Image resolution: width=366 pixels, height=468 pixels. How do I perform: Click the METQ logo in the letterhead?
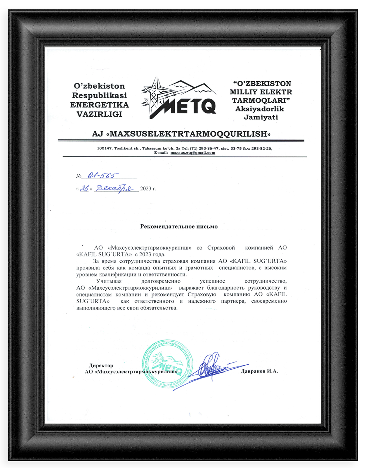coord(179,98)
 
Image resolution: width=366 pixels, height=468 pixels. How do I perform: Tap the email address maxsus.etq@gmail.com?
coord(193,153)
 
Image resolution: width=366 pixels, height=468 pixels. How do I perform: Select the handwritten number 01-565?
coord(103,175)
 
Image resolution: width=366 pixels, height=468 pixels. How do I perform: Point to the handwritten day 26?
coord(84,188)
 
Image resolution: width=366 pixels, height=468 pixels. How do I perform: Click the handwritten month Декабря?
coord(115,189)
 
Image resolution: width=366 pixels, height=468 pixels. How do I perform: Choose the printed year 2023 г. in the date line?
coord(148,189)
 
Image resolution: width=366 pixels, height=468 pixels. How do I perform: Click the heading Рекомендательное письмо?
coord(179,226)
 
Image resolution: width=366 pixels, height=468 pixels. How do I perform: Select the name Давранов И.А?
coord(259,371)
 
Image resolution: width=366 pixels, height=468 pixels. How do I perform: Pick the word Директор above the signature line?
coord(101,366)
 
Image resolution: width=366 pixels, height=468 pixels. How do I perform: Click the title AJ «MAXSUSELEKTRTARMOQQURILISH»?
coord(181,134)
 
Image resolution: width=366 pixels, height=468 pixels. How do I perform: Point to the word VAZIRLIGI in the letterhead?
coord(99,114)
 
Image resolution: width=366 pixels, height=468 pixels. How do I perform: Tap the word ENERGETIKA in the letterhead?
coord(99,105)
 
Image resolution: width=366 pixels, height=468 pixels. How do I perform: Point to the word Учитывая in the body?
coord(109,281)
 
